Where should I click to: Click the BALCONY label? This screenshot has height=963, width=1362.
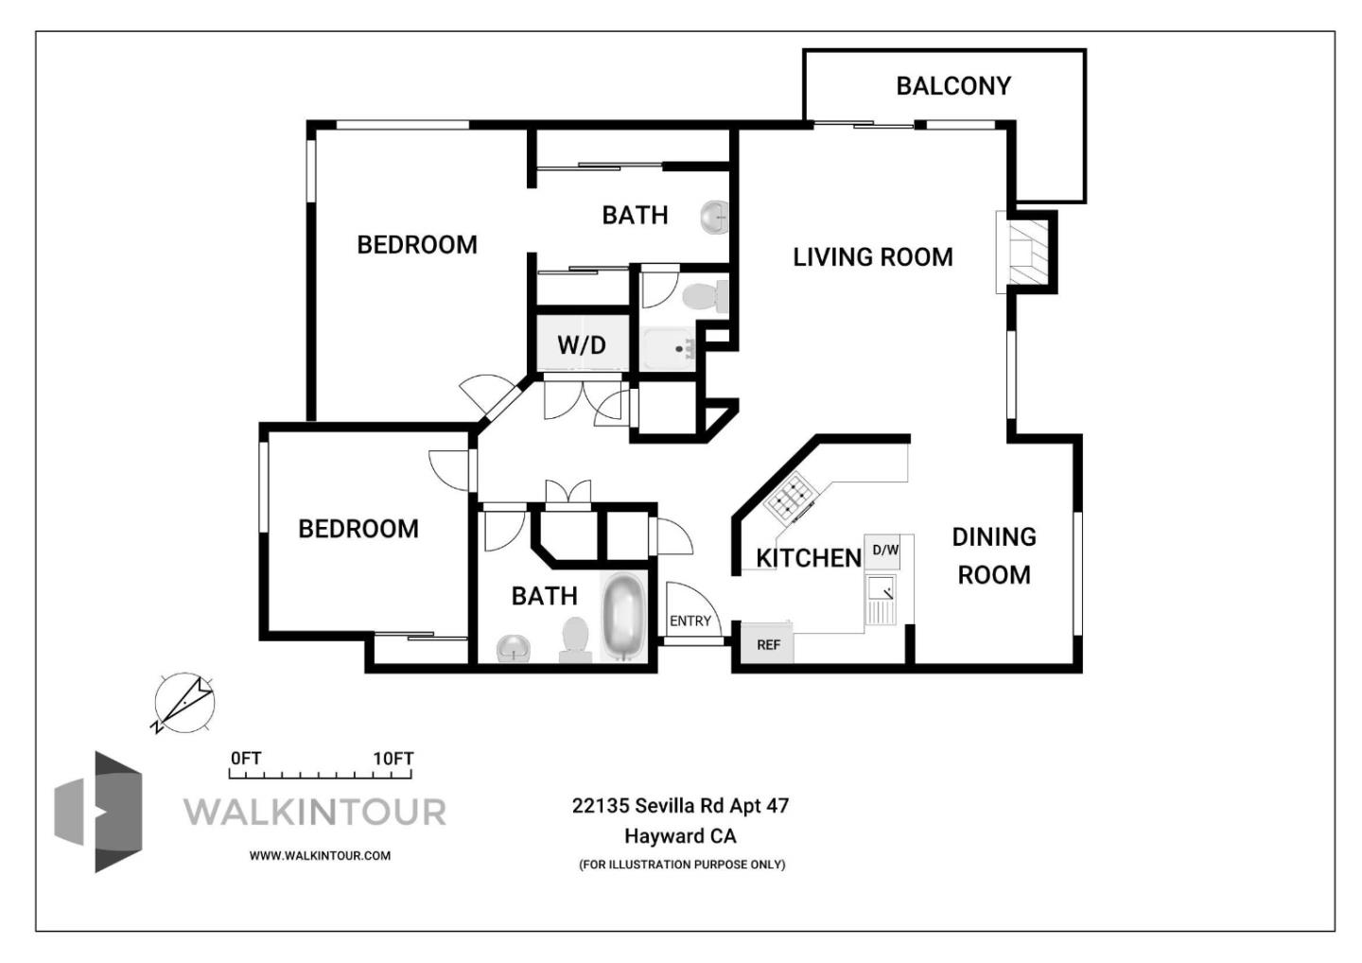pyautogui.click(x=953, y=86)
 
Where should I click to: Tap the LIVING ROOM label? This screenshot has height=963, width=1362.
pyautogui.click(x=872, y=256)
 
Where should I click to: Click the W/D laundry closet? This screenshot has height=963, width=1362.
pyautogui.click(x=581, y=344)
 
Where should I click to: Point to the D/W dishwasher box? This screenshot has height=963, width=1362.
pyautogui.click(x=884, y=551)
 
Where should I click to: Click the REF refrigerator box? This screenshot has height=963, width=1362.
pyautogui.click(x=768, y=645)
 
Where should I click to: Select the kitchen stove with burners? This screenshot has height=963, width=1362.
pyautogui.click(x=790, y=498)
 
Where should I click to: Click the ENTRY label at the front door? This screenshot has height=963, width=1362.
pyautogui.click(x=690, y=621)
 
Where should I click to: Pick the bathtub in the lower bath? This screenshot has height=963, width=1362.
pyautogui.click(x=622, y=616)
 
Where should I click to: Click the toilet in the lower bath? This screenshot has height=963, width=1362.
pyautogui.click(x=574, y=639)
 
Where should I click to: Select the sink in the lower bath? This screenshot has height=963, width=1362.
pyautogui.click(x=515, y=648)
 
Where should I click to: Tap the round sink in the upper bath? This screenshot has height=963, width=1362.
pyautogui.click(x=715, y=218)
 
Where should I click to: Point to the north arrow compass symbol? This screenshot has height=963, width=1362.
pyautogui.click(x=184, y=703)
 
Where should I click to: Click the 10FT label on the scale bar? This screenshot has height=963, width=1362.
pyautogui.click(x=393, y=759)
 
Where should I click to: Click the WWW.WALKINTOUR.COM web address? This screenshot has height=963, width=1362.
pyautogui.click(x=320, y=855)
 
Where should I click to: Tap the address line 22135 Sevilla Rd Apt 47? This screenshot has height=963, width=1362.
pyautogui.click(x=680, y=806)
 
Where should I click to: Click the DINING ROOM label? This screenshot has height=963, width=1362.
pyautogui.click(x=993, y=555)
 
